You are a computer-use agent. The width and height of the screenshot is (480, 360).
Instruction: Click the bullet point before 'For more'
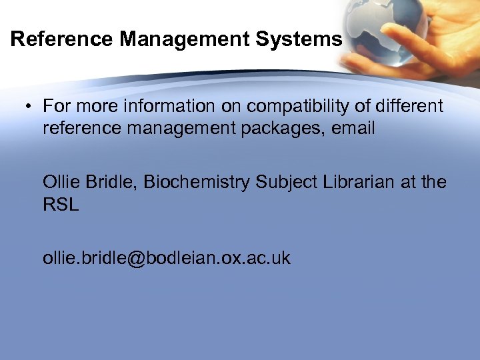(x=30, y=106)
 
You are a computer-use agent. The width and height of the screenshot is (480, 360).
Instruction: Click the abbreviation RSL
(x=61, y=204)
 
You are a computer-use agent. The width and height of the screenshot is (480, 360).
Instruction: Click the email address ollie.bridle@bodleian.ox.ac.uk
(x=167, y=258)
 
